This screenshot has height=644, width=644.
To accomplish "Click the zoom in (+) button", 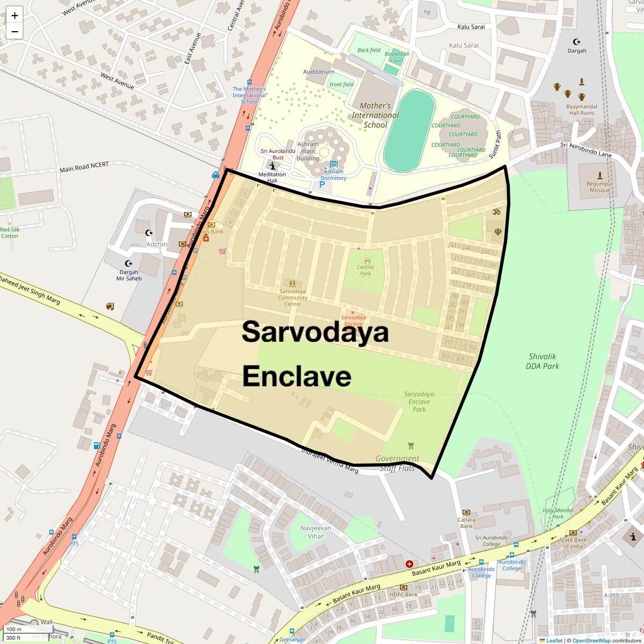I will click(x=14, y=16).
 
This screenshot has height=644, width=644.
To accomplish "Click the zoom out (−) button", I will click(x=14, y=32).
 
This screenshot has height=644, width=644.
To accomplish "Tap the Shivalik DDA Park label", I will click(x=543, y=361).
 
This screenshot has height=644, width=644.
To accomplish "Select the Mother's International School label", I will click(x=375, y=115).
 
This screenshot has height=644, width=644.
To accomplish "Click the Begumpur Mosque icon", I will click(x=599, y=175).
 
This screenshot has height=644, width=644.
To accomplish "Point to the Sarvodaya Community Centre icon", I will click(x=292, y=283).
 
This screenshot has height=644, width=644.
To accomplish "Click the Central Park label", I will click(x=365, y=270).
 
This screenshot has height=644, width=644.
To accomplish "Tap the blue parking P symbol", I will click(x=322, y=185).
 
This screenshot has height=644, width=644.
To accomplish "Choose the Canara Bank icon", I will click(x=466, y=512).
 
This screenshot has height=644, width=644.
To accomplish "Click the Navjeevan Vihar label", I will click(x=316, y=532).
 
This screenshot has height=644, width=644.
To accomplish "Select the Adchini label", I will click(x=158, y=244).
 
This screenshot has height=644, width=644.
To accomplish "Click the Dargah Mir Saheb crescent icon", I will click(x=128, y=264).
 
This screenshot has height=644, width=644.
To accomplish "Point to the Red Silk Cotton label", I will click(x=10, y=233).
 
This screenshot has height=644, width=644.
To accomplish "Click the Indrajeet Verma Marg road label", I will click(x=330, y=460).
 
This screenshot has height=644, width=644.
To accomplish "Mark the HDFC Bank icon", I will click(x=403, y=587).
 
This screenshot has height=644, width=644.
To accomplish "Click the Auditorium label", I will click(x=319, y=71).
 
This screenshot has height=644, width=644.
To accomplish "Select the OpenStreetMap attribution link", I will click(x=591, y=640).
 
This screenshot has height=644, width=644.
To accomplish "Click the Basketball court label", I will click(x=397, y=57).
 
